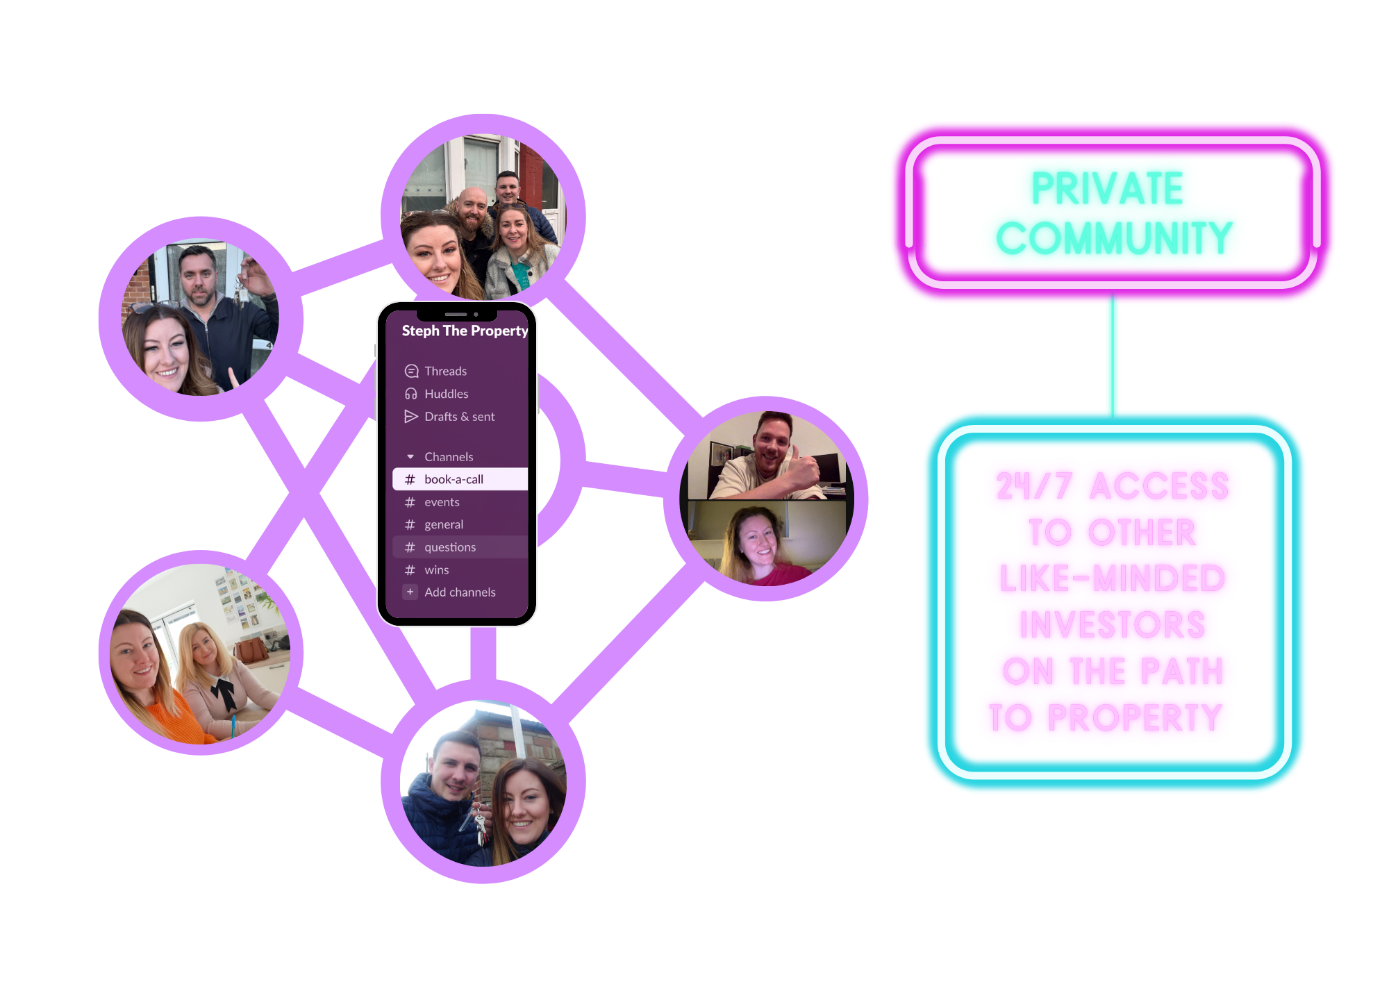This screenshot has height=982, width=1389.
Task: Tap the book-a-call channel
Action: pos(454,479)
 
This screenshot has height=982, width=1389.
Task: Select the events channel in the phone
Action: pos(442,502)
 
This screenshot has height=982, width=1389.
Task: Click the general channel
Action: pos(444,524)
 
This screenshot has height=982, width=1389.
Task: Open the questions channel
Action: pos(450,547)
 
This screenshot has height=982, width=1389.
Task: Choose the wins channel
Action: pos(437,570)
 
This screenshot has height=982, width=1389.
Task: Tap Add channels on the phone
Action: pos(460,592)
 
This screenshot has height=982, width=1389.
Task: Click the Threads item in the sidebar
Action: pos(445,371)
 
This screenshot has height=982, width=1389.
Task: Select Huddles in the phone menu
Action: pos(446,394)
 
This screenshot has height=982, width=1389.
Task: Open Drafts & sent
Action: pos(459,417)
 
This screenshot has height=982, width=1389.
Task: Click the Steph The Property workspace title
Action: pos(465,331)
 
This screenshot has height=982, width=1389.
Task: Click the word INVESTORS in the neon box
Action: pos(1112,625)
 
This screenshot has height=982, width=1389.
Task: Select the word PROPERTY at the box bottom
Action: pos(1134,717)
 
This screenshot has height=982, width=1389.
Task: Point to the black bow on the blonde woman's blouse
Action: pos(224,692)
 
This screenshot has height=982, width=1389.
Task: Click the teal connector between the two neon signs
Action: pos(1113,358)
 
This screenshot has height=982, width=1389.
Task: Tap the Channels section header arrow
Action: pos(410,457)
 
